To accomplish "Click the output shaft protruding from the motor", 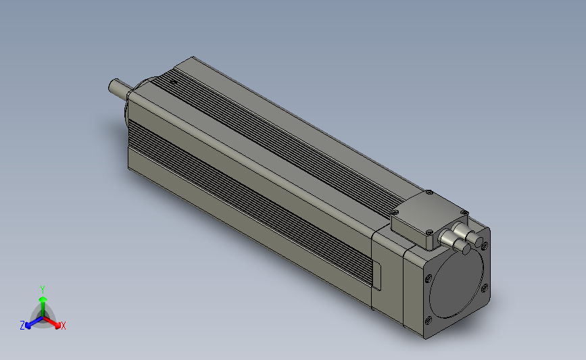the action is point(120,89).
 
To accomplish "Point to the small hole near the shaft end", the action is point(173,82).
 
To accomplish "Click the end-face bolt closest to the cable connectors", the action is point(485,246).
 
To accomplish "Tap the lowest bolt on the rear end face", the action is point(429,320).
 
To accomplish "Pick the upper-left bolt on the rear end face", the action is point(429,278).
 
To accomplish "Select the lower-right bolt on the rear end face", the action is point(485,288).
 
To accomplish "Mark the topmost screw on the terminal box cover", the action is point(429,192).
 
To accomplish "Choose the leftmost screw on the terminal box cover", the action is point(395,213).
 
